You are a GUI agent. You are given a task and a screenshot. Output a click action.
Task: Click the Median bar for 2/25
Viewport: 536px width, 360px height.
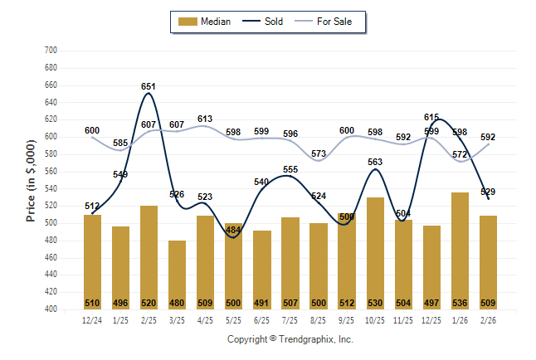coord(149,257)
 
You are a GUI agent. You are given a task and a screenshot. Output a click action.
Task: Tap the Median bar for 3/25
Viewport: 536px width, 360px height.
coord(177,275)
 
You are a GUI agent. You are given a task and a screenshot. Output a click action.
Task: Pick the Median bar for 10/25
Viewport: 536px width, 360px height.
coord(375,253)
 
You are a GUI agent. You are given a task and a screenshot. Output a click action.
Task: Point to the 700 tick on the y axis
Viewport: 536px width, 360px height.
coord(50,51)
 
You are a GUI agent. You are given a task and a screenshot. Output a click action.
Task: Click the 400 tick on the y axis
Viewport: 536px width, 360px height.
coord(50,309)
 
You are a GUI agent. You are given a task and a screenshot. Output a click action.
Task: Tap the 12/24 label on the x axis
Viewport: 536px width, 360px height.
coord(92,320)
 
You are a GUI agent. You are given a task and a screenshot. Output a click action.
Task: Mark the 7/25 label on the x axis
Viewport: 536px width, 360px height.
coord(290,320)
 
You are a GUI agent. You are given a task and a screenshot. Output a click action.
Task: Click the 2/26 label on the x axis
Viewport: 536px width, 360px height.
coord(488,320)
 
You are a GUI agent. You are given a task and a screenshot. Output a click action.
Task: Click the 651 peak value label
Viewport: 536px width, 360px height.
coord(149,86)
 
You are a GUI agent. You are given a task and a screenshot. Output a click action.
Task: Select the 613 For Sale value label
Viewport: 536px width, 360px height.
coord(205,119)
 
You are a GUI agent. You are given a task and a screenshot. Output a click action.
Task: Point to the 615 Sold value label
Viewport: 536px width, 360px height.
coord(431,118)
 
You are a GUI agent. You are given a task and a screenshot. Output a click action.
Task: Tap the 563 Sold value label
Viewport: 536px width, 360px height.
coord(375,163)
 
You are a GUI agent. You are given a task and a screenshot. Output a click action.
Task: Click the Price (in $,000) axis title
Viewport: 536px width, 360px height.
coord(31,181)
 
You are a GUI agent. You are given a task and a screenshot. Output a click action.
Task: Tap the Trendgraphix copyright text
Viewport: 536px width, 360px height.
coord(290,339)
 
